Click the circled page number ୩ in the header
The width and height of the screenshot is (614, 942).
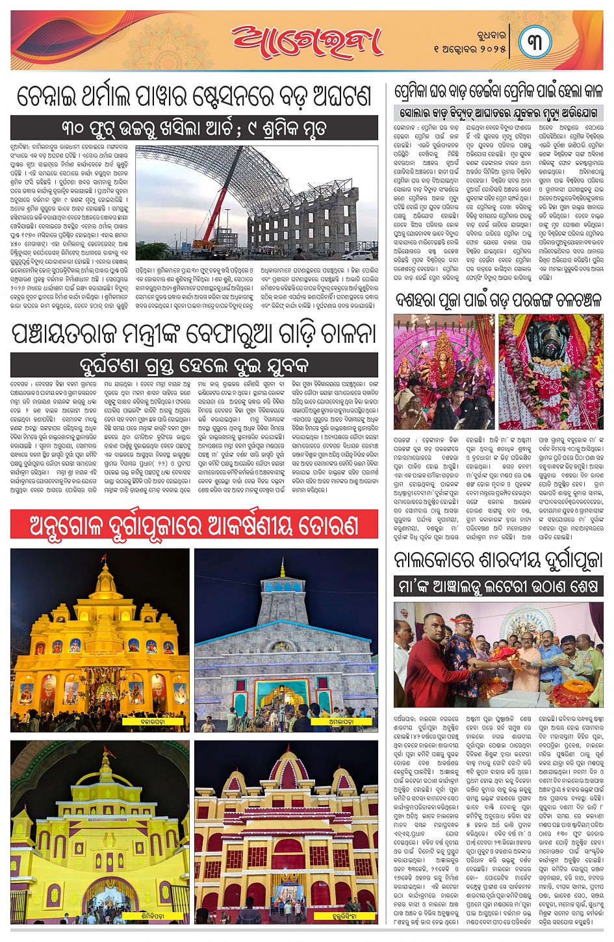535,42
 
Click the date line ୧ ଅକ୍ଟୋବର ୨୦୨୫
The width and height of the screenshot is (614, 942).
470,49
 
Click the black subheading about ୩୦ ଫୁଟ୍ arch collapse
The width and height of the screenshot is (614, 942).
194,128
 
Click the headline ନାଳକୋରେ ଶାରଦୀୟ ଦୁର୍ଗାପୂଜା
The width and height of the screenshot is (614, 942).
498,559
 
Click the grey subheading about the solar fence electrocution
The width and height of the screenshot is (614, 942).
498,112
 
